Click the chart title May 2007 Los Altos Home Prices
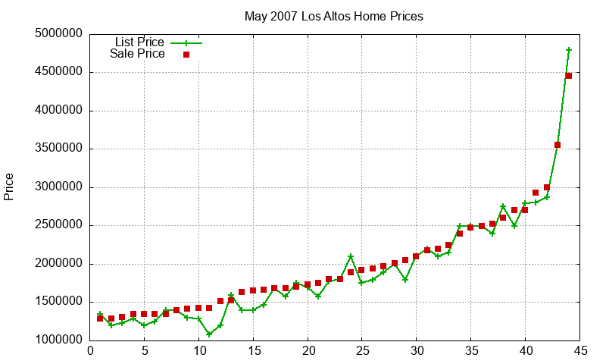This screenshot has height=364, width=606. point(333,16)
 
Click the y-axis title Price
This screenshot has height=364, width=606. point(9,187)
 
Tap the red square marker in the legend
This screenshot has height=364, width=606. point(186,55)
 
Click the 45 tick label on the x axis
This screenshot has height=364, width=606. point(579,351)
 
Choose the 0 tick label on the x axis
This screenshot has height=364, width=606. point(90,351)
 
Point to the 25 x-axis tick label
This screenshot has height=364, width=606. point(362,351)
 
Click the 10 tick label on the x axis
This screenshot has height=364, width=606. point(198,351)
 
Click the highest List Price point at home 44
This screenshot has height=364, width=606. point(569,50)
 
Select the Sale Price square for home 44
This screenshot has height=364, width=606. point(569,76)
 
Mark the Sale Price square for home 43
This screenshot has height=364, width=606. point(558,145)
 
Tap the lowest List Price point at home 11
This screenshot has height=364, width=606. point(210,334)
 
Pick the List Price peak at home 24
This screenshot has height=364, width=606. point(351,256)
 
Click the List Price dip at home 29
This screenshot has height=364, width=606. point(405,279)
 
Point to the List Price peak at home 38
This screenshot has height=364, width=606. point(503,206)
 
